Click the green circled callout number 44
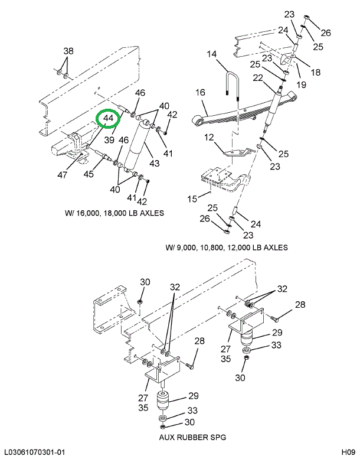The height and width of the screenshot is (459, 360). pyautogui.click(x=109, y=119)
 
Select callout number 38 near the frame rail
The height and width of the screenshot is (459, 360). pyautogui.click(x=68, y=51)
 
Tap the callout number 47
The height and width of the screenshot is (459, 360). pyautogui.click(x=63, y=175)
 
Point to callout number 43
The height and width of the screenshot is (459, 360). pyautogui.click(x=155, y=163)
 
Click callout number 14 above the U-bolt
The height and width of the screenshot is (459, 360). pyautogui.click(x=212, y=54)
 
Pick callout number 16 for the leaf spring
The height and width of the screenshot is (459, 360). pyautogui.click(x=201, y=93)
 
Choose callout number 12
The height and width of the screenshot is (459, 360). pyautogui.click(x=209, y=138)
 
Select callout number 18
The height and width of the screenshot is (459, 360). pyautogui.click(x=316, y=73)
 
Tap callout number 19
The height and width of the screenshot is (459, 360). pyautogui.click(x=302, y=85)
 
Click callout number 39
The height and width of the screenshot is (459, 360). pyautogui.click(x=109, y=140)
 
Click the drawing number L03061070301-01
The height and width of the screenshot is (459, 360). pyautogui.click(x=34, y=453)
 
